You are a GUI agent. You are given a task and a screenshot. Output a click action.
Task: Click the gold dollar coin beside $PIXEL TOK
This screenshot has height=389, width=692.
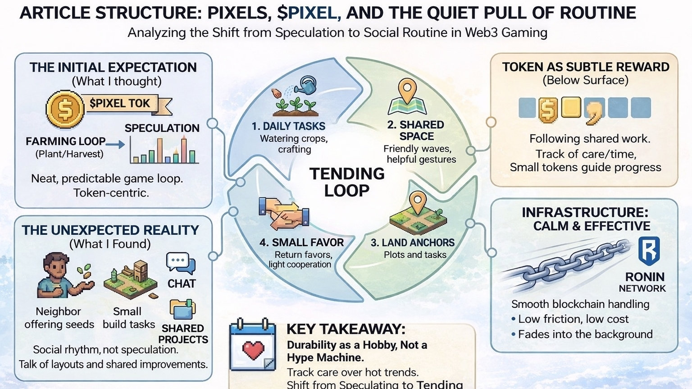coord(65,109)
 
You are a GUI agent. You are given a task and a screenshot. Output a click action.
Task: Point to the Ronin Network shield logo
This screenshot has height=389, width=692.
coord(649,251)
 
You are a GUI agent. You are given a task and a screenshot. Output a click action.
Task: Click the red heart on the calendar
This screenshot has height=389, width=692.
coord(253,350)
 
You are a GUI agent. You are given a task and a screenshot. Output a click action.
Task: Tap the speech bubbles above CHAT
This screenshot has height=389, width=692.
coord(181,263)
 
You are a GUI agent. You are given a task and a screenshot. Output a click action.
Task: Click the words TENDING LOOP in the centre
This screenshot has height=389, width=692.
coord(347,182)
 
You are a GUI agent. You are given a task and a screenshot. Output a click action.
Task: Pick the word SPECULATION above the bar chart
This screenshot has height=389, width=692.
coord(162,128)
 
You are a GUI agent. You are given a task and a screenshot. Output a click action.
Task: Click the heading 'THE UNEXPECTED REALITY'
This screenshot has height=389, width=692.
coord(110,230)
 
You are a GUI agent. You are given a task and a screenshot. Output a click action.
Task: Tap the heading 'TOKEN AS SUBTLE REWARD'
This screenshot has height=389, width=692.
coord(586,67)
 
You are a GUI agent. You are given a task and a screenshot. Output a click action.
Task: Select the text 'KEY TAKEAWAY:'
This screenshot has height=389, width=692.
coord(346,329)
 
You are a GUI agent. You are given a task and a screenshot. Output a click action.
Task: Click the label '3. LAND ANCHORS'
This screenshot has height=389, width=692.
coord(412,243)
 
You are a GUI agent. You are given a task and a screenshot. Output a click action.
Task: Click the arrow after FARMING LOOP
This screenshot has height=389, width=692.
coord(116,144)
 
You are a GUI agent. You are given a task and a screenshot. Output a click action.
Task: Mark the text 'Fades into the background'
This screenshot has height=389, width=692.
coord(585,334)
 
